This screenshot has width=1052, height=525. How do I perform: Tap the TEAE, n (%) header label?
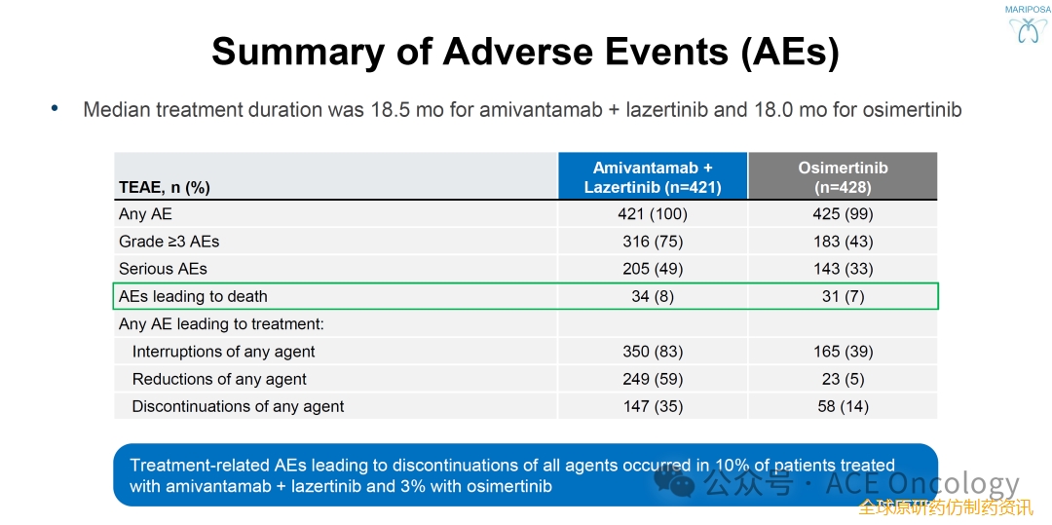click(x=165, y=188)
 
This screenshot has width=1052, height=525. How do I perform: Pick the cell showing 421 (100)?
click(x=652, y=214)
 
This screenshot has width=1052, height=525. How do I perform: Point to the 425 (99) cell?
click(x=843, y=214)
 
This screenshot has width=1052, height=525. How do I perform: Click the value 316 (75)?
click(x=652, y=242)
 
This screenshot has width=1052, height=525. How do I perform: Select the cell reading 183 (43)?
click(x=843, y=242)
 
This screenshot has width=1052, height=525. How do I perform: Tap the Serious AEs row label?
click(x=163, y=269)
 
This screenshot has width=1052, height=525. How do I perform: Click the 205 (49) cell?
click(x=652, y=269)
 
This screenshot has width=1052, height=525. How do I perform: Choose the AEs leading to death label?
click(x=193, y=296)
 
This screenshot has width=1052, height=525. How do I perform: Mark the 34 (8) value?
click(x=652, y=296)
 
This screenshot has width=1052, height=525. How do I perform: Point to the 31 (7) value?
click(x=843, y=296)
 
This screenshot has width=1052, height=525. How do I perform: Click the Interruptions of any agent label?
click(x=223, y=352)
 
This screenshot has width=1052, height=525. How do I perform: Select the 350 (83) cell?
click(x=652, y=352)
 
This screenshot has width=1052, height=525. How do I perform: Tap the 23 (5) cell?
click(x=843, y=379)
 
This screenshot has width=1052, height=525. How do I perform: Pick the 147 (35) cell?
click(x=652, y=406)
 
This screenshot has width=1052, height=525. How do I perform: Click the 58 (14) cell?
click(x=843, y=406)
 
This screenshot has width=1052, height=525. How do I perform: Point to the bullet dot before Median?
click(x=55, y=108)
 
